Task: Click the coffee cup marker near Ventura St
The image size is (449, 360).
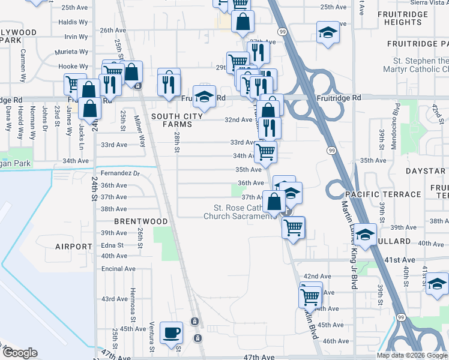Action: (x=172, y=332)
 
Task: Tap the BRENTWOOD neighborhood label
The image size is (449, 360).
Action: (x=141, y=221)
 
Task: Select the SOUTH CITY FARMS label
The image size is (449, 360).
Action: (x=172, y=120)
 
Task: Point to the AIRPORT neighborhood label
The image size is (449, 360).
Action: (x=73, y=247)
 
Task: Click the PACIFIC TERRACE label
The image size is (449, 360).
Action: (x=383, y=195)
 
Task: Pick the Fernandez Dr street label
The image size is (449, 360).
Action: (x=120, y=173)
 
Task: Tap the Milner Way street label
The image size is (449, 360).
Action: (x=140, y=131)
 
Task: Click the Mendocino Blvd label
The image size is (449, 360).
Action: (x=396, y=116)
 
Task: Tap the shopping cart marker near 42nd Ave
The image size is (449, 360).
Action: (x=310, y=295)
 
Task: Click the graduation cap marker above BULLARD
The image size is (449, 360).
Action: (x=364, y=235)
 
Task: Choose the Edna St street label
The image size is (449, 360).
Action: (x=112, y=245)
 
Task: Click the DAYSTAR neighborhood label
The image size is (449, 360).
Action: (x=425, y=172)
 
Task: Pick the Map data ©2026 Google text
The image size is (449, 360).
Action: (x=412, y=355)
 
